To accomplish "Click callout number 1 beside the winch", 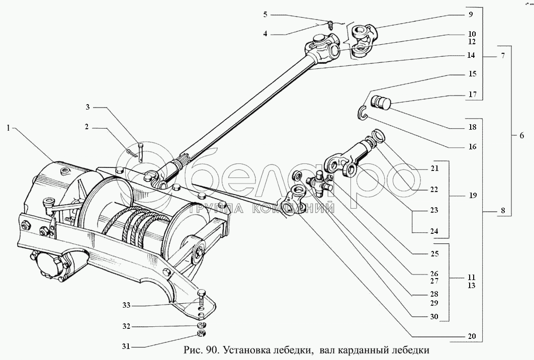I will [x=9, y=128].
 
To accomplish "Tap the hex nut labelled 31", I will [x=200, y=333].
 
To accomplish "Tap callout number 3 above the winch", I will [x=87, y=107].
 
